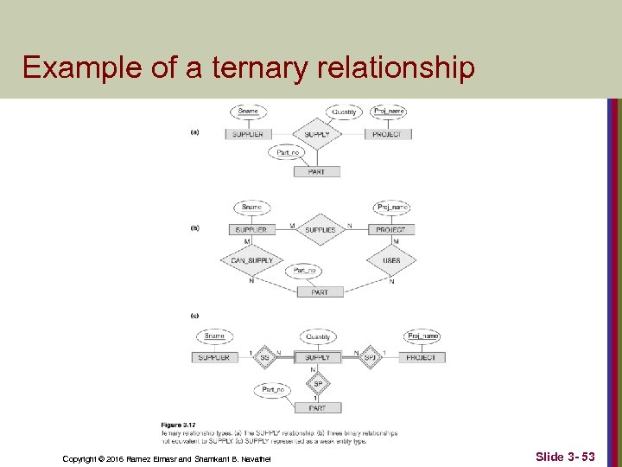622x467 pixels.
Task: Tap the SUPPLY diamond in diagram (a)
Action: tap(318, 134)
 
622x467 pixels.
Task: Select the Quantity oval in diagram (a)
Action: tap(344, 112)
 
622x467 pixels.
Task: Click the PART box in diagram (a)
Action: tap(317, 171)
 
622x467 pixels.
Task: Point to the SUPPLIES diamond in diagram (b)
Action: tap(320, 229)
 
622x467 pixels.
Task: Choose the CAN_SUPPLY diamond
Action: tap(251, 260)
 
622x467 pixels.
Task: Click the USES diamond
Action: tap(390, 260)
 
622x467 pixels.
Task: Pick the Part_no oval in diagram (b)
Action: tap(304, 271)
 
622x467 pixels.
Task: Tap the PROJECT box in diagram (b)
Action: tap(390, 229)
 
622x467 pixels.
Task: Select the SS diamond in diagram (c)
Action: tap(265, 357)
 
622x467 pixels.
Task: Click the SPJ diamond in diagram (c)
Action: tap(369, 357)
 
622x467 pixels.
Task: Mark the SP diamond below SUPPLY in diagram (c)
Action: tap(317, 383)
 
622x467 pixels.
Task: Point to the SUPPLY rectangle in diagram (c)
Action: tap(317, 357)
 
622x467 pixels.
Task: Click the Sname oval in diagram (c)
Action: tap(214, 336)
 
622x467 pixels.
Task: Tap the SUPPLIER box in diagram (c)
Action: tap(214, 357)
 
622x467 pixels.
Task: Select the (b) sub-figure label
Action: tap(195, 228)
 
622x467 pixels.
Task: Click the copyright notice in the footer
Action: tap(167, 457)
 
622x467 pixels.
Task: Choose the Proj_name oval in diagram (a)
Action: tap(388, 112)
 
